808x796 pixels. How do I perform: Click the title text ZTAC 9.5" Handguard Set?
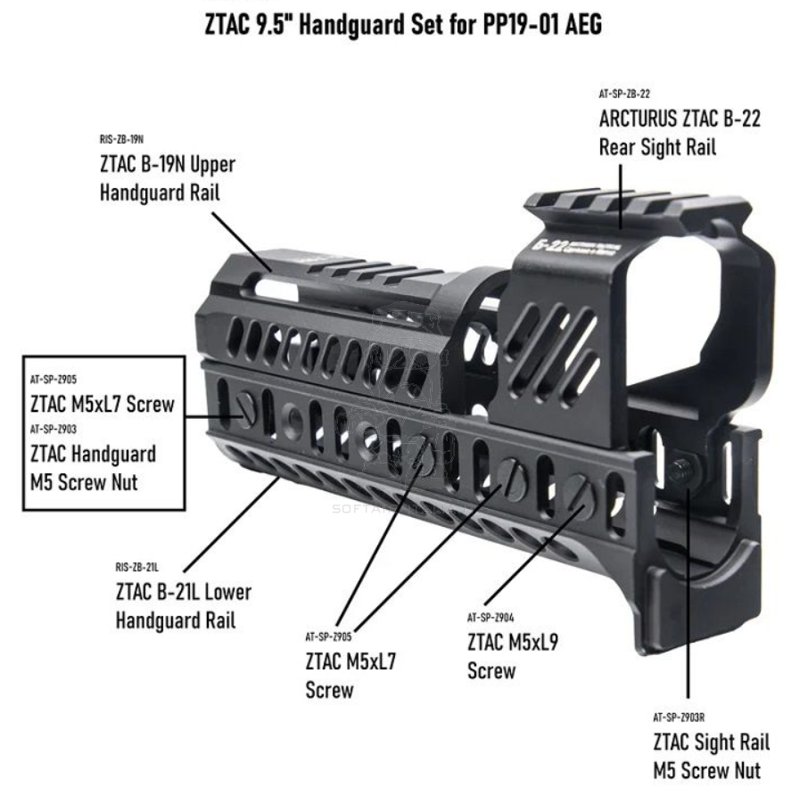403,24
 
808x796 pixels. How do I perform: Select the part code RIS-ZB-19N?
121,140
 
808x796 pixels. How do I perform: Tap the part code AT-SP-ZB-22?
623,93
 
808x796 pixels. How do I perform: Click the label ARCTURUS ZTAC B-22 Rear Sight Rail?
680,132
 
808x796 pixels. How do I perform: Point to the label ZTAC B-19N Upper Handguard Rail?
167,178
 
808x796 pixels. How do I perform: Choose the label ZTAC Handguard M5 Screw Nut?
93,468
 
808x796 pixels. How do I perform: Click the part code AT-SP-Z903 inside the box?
53,429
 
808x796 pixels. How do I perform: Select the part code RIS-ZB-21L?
136,566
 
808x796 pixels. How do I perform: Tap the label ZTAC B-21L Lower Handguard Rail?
183,605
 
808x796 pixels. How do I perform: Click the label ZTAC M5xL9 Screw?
512,655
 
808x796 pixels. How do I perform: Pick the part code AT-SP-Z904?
490,617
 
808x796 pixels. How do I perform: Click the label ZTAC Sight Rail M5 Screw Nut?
711,755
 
